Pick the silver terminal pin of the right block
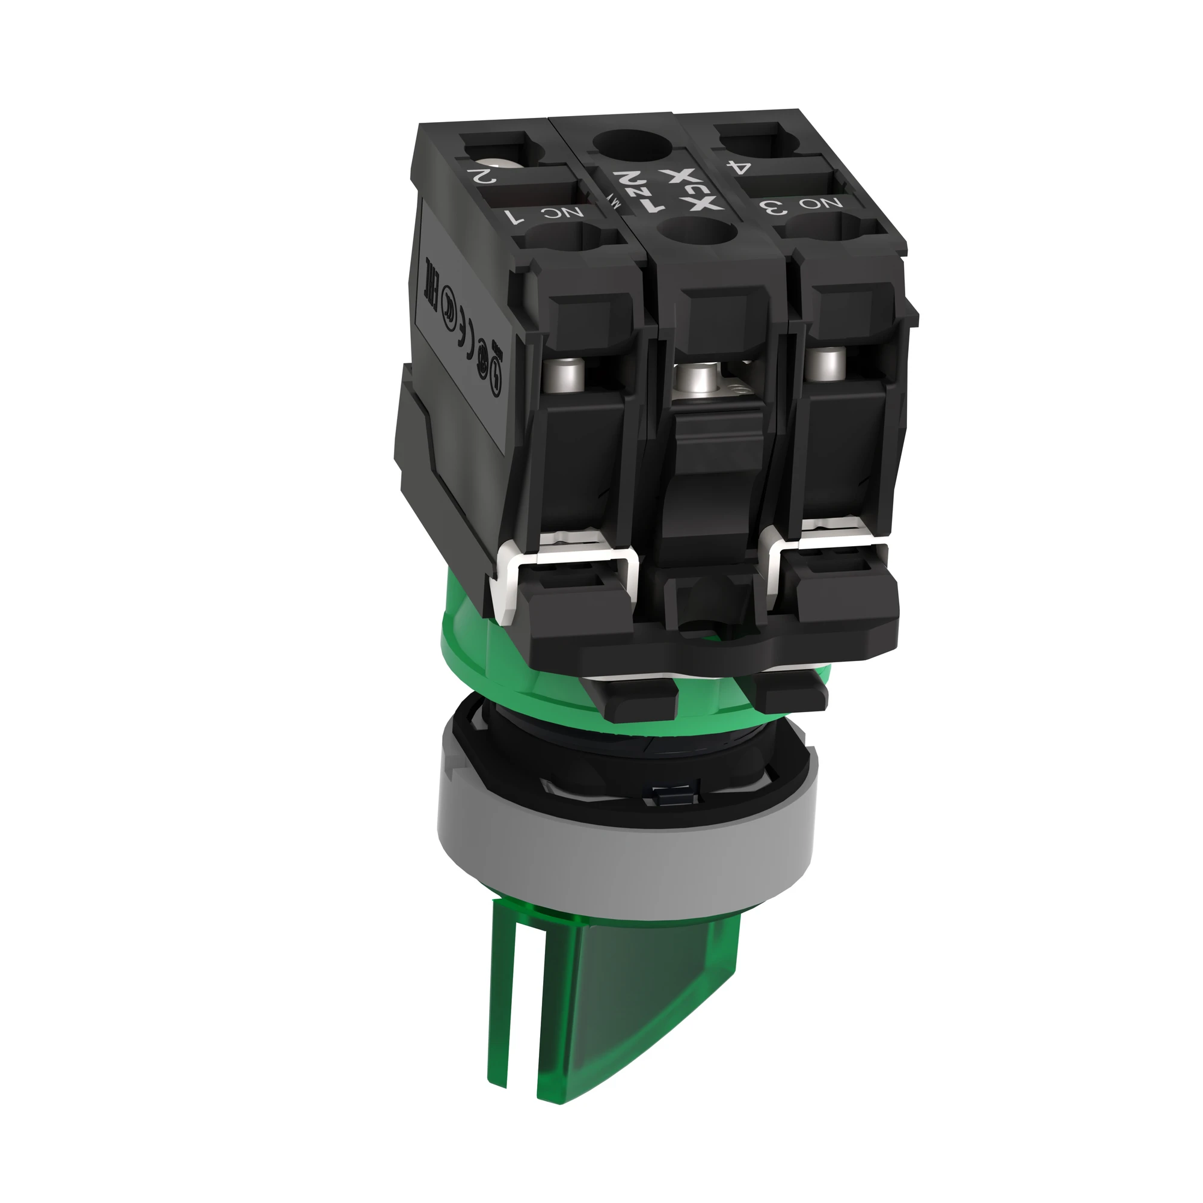pos(829,360)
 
